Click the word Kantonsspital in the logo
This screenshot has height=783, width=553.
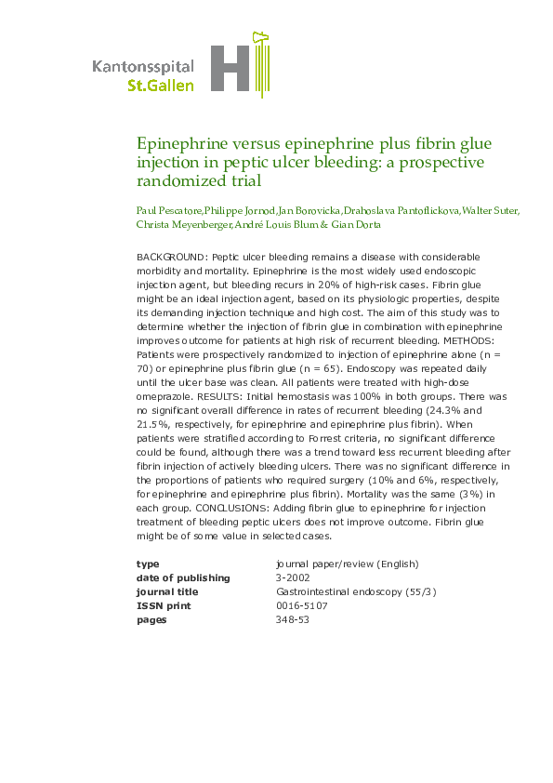click(143, 66)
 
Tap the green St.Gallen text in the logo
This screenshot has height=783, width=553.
click(161, 85)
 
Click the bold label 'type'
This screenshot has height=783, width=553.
click(148, 564)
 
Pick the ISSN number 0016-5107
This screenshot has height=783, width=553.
click(302, 606)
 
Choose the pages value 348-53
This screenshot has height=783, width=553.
click(292, 620)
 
